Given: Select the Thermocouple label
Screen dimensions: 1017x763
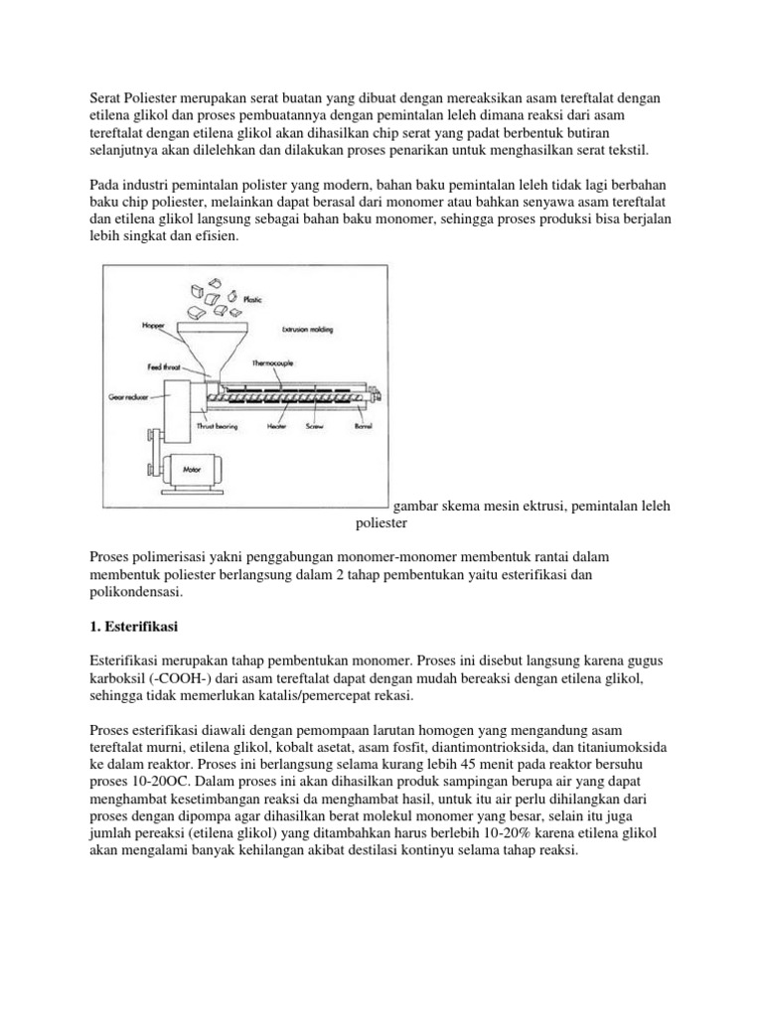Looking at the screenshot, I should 283,364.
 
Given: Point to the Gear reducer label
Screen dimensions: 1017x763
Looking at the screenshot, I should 128,395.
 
